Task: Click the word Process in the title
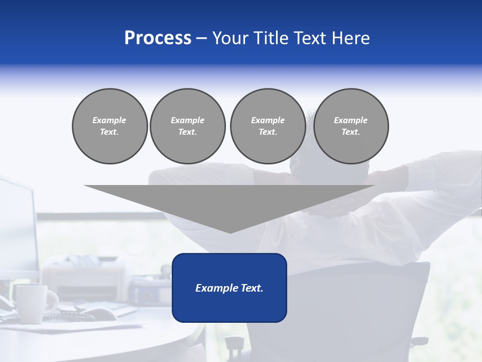(x=158, y=38)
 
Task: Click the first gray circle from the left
(x=109, y=126)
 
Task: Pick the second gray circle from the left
(x=187, y=126)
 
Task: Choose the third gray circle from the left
(x=268, y=126)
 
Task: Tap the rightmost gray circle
(x=350, y=126)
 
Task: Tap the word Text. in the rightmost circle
(x=350, y=132)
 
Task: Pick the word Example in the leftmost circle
(x=109, y=120)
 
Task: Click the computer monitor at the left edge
(x=18, y=226)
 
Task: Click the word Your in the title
(x=228, y=38)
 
